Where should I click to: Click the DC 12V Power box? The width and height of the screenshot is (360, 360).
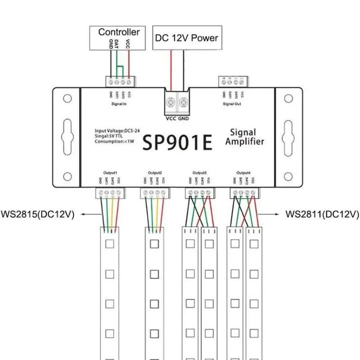click(186, 38)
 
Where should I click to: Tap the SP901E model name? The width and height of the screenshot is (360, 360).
click(177, 141)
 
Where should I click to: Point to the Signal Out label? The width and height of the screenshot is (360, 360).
click(232, 103)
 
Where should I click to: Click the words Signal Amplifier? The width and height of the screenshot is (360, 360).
click(244, 137)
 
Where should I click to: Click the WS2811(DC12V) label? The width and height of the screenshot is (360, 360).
click(322, 214)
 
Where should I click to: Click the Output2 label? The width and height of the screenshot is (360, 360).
click(154, 172)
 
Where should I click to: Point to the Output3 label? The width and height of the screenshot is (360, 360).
click(199, 172)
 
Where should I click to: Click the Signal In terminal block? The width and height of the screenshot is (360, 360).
click(120, 81)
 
